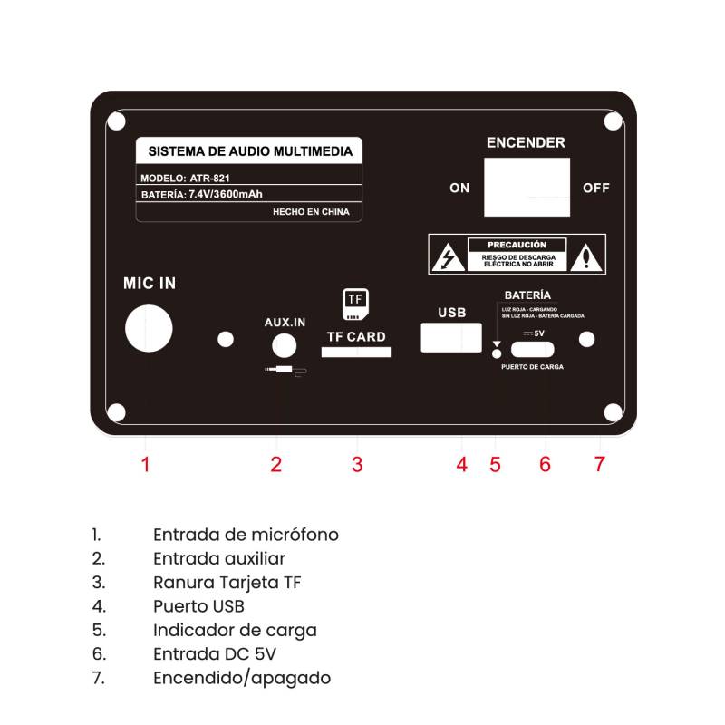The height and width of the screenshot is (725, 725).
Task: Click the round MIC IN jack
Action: pos(149,328)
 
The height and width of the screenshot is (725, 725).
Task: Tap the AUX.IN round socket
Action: pos(284,345)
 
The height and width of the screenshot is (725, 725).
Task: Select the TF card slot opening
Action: pos(356,353)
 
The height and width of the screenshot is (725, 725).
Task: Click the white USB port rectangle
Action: pos(451,337)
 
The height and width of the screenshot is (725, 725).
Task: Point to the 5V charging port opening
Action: pos(532,350)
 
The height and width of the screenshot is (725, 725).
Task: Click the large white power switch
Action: pos(527,188)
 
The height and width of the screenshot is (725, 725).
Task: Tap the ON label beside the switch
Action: pos(459,188)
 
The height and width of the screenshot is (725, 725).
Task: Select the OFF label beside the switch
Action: pos(596,188)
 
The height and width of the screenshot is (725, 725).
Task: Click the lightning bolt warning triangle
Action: pos(448,257)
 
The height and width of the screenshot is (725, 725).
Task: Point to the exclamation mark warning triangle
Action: pos(586,257)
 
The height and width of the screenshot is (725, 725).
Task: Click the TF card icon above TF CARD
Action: pos(355,304)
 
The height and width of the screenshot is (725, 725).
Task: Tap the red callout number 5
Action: pos(495,465)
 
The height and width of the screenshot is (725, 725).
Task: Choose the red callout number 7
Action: pos(600,464)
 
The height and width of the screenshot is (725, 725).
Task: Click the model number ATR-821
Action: pos(210,178)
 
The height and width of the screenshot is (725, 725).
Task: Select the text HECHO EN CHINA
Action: pos(311,212)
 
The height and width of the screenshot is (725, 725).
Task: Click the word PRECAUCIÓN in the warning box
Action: pos(517,245)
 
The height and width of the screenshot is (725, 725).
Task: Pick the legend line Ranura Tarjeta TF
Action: pos(227,583)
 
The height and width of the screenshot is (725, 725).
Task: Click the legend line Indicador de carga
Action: pos(235,631)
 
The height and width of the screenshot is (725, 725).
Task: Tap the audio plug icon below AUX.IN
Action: pos(285,371)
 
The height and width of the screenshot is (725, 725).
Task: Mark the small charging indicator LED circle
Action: pos(497,353)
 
